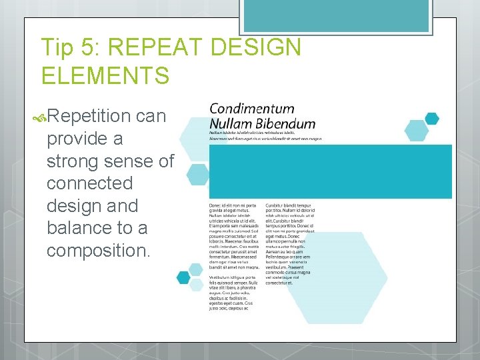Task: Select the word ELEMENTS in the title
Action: pyautogui.click(x=105, y=75)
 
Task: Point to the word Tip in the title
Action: pyautogui.click(x=56, y=48)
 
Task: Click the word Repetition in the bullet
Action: pyautogui.click(x=88, y=116)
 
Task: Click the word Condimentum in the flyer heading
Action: pyautogui.click(x=251, y=109)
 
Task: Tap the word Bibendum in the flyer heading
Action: pyautogui.click(x=281, y=123)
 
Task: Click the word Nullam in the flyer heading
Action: pyautogui.click(x=226, y=123)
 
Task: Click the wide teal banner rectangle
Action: pyautogui.click(x=330, y=171)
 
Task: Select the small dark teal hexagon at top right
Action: pyautogui.click(x=432, y=119)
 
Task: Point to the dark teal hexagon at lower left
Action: pyautogui.click(x=183, y=277)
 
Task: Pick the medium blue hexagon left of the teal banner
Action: pyautogui.click(x=198, y=175)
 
